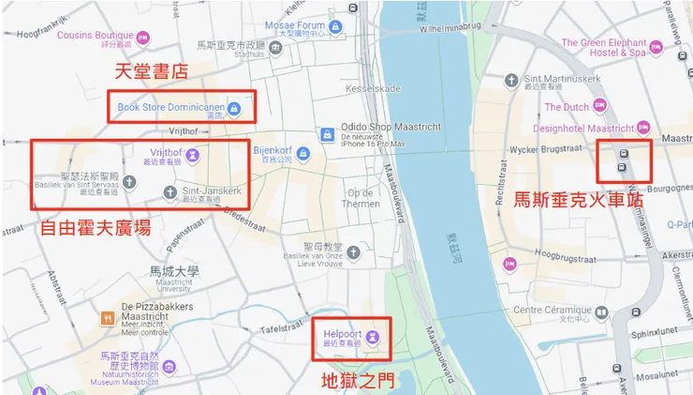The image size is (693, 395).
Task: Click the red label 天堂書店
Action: click(152, 72)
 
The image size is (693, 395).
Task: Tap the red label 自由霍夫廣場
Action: click(96, 227)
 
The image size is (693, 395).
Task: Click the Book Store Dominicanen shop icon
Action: click(235, 109)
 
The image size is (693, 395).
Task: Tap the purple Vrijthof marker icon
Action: click(192, 154)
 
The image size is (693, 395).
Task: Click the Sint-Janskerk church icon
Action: click(170, 192)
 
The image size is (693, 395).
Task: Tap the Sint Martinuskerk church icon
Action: click(511, 81)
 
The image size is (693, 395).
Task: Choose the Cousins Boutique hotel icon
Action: click(142, 37)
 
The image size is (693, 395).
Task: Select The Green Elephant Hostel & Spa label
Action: click(616, 47)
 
